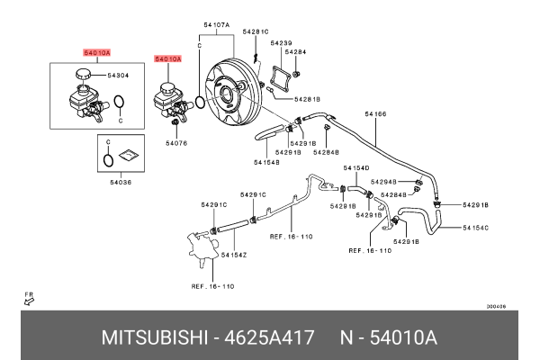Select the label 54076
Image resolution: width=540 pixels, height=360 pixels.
[x=176, y=142]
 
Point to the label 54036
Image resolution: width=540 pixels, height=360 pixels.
[x=121, y=183]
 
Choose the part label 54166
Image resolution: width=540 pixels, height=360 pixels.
[x=375, y=114]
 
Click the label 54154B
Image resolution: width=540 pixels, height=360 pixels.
[x=266, y=163]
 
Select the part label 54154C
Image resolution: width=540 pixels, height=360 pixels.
[x=475, y=228]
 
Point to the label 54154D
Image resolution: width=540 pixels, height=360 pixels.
[x=355, y=167]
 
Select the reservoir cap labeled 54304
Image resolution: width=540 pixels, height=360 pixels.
[x=83, y=78]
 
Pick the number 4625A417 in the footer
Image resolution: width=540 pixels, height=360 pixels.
[x=271, y=338]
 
